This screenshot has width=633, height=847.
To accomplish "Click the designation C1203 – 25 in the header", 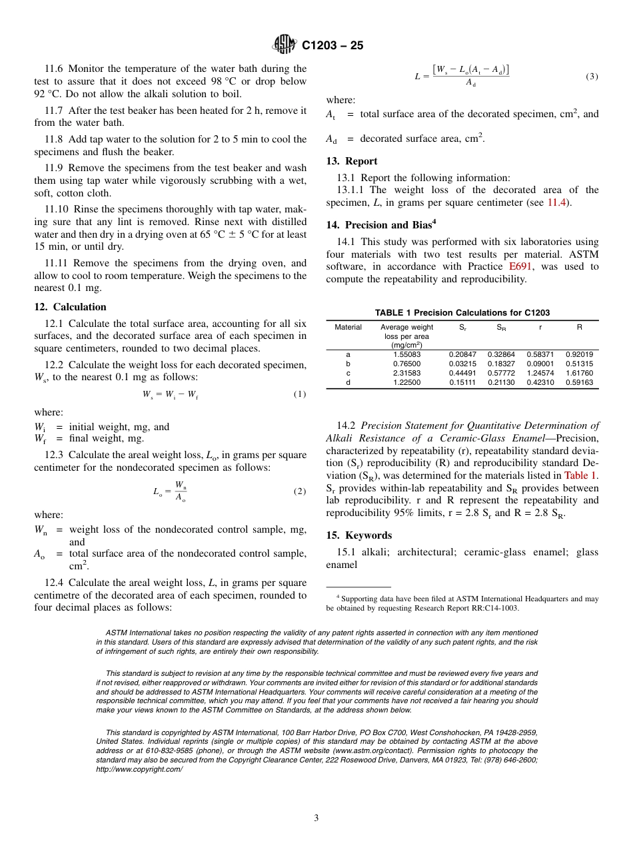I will pyautogui.click(x=332, y=46).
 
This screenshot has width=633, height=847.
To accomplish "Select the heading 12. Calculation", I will pyautogui.click(x=70, y=307).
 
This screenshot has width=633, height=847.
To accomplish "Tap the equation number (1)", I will pyautogui.click(x=300, y=394).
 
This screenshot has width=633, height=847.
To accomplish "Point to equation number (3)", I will pyautogui.click(x=592, y=77).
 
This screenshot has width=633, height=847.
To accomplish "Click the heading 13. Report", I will pyautogui.click(x=352, y=161).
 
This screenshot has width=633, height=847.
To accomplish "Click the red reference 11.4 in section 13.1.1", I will pyautogui.click(x=558, y=202).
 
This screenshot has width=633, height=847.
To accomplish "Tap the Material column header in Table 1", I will pyautogui.click(x=348, y=327).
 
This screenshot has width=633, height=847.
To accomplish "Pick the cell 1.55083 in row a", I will pyautogui.click(x=406, y=355).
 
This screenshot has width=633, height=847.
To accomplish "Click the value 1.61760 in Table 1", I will pyautogui.click(x=579, y=374).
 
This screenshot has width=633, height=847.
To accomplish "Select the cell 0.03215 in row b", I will pyautogui.click(x=462, y=364).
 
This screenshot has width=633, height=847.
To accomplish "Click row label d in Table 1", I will pyautogui.click(x=348, y=383).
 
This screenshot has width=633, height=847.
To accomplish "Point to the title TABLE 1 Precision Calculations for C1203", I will pyautogui.click(x=462, y=313).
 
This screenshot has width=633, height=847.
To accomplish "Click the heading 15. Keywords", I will pyautogui.click(x=359, y=535).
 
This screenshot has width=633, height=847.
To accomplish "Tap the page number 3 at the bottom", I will pyautogui.click(x=316, y=818).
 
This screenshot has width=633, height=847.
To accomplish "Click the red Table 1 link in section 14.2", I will pyautogui.click(x=580, y=475).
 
